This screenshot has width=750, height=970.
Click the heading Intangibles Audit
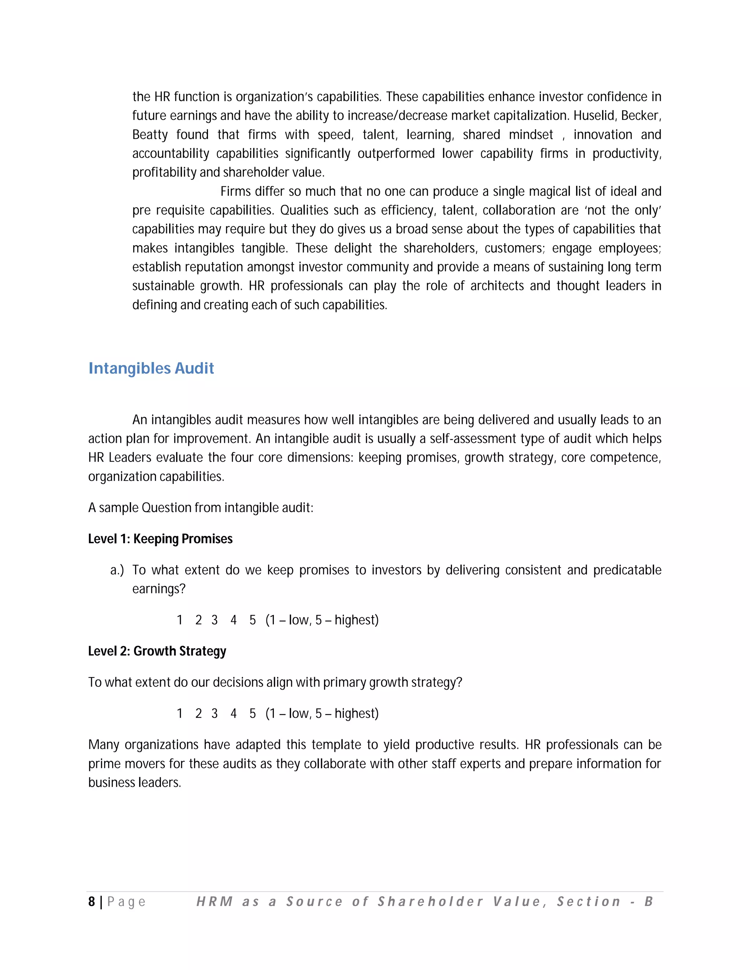(151, 368)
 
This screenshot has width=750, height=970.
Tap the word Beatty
(150, 135)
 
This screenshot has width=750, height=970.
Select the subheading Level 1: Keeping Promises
(160, 539)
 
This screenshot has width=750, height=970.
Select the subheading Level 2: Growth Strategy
(157, 651)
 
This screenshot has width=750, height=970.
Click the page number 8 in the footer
(92, 902)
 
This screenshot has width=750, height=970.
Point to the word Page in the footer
(126, 902)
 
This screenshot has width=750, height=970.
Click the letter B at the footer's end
(648, 901)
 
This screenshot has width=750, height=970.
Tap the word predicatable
(627, 570)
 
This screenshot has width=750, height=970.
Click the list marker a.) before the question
(117, 570)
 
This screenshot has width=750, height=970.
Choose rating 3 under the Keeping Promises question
(214, 620)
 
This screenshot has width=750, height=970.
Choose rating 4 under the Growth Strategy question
(233, 714)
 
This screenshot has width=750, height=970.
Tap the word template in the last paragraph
(336, 745)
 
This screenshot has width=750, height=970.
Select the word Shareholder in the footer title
(430, 901)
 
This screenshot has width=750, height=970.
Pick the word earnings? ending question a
(159, 589)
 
